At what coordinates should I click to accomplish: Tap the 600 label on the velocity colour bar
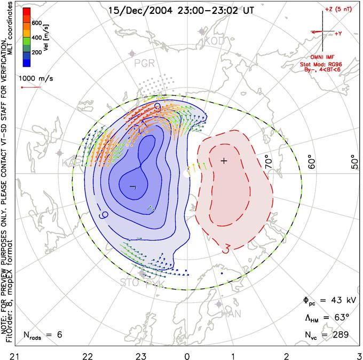click(x=36, y=23)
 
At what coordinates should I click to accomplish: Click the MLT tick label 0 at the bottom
click(x=187, y=354)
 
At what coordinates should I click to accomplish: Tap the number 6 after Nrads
click(x=60, y=335)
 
